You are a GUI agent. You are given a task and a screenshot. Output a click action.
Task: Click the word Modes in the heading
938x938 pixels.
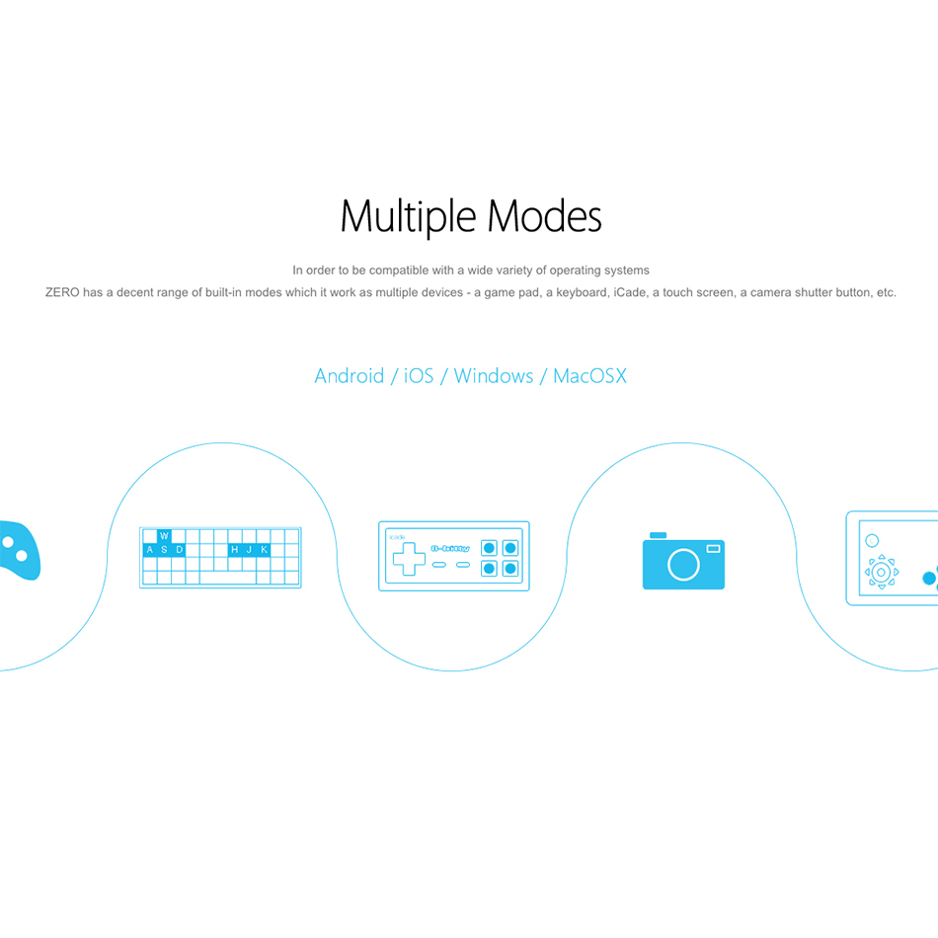coord(544,216)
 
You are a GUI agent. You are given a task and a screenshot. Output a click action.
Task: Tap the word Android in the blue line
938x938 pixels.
coord(350,375)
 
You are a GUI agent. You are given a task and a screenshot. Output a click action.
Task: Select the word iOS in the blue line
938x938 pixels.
coord(419,375)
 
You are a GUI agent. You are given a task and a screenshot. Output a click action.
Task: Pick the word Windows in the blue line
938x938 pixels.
coord(494,375)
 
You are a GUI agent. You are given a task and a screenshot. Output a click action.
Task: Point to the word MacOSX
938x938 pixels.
coord(589,375)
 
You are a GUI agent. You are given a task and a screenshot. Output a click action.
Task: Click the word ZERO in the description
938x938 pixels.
coord(62,292)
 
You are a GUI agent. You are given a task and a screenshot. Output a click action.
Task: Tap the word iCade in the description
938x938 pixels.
coord(630,292)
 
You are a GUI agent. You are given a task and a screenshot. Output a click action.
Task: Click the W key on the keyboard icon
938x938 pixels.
coord(164,536)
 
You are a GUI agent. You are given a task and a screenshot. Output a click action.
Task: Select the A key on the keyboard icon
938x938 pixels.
coord(149,550)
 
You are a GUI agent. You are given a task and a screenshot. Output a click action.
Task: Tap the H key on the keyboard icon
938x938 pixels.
coord(235,550)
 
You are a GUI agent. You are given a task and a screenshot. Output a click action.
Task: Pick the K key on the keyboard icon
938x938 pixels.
coord(264,550)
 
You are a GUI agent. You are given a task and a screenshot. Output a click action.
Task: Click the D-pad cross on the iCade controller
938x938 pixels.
coord(409,559)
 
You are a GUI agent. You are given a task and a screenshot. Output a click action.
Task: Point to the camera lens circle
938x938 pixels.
coord(683,564)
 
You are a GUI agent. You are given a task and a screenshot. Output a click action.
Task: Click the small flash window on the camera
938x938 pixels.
coord(713,549)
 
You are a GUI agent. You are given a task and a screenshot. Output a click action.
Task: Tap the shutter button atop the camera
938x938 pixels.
coord(658,535)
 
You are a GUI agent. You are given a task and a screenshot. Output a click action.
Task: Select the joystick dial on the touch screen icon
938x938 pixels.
coord(881,573)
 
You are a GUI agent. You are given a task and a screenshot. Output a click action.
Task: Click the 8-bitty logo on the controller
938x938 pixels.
coord(450,548)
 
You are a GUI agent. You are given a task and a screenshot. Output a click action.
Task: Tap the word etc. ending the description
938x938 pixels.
coord(887,292)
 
